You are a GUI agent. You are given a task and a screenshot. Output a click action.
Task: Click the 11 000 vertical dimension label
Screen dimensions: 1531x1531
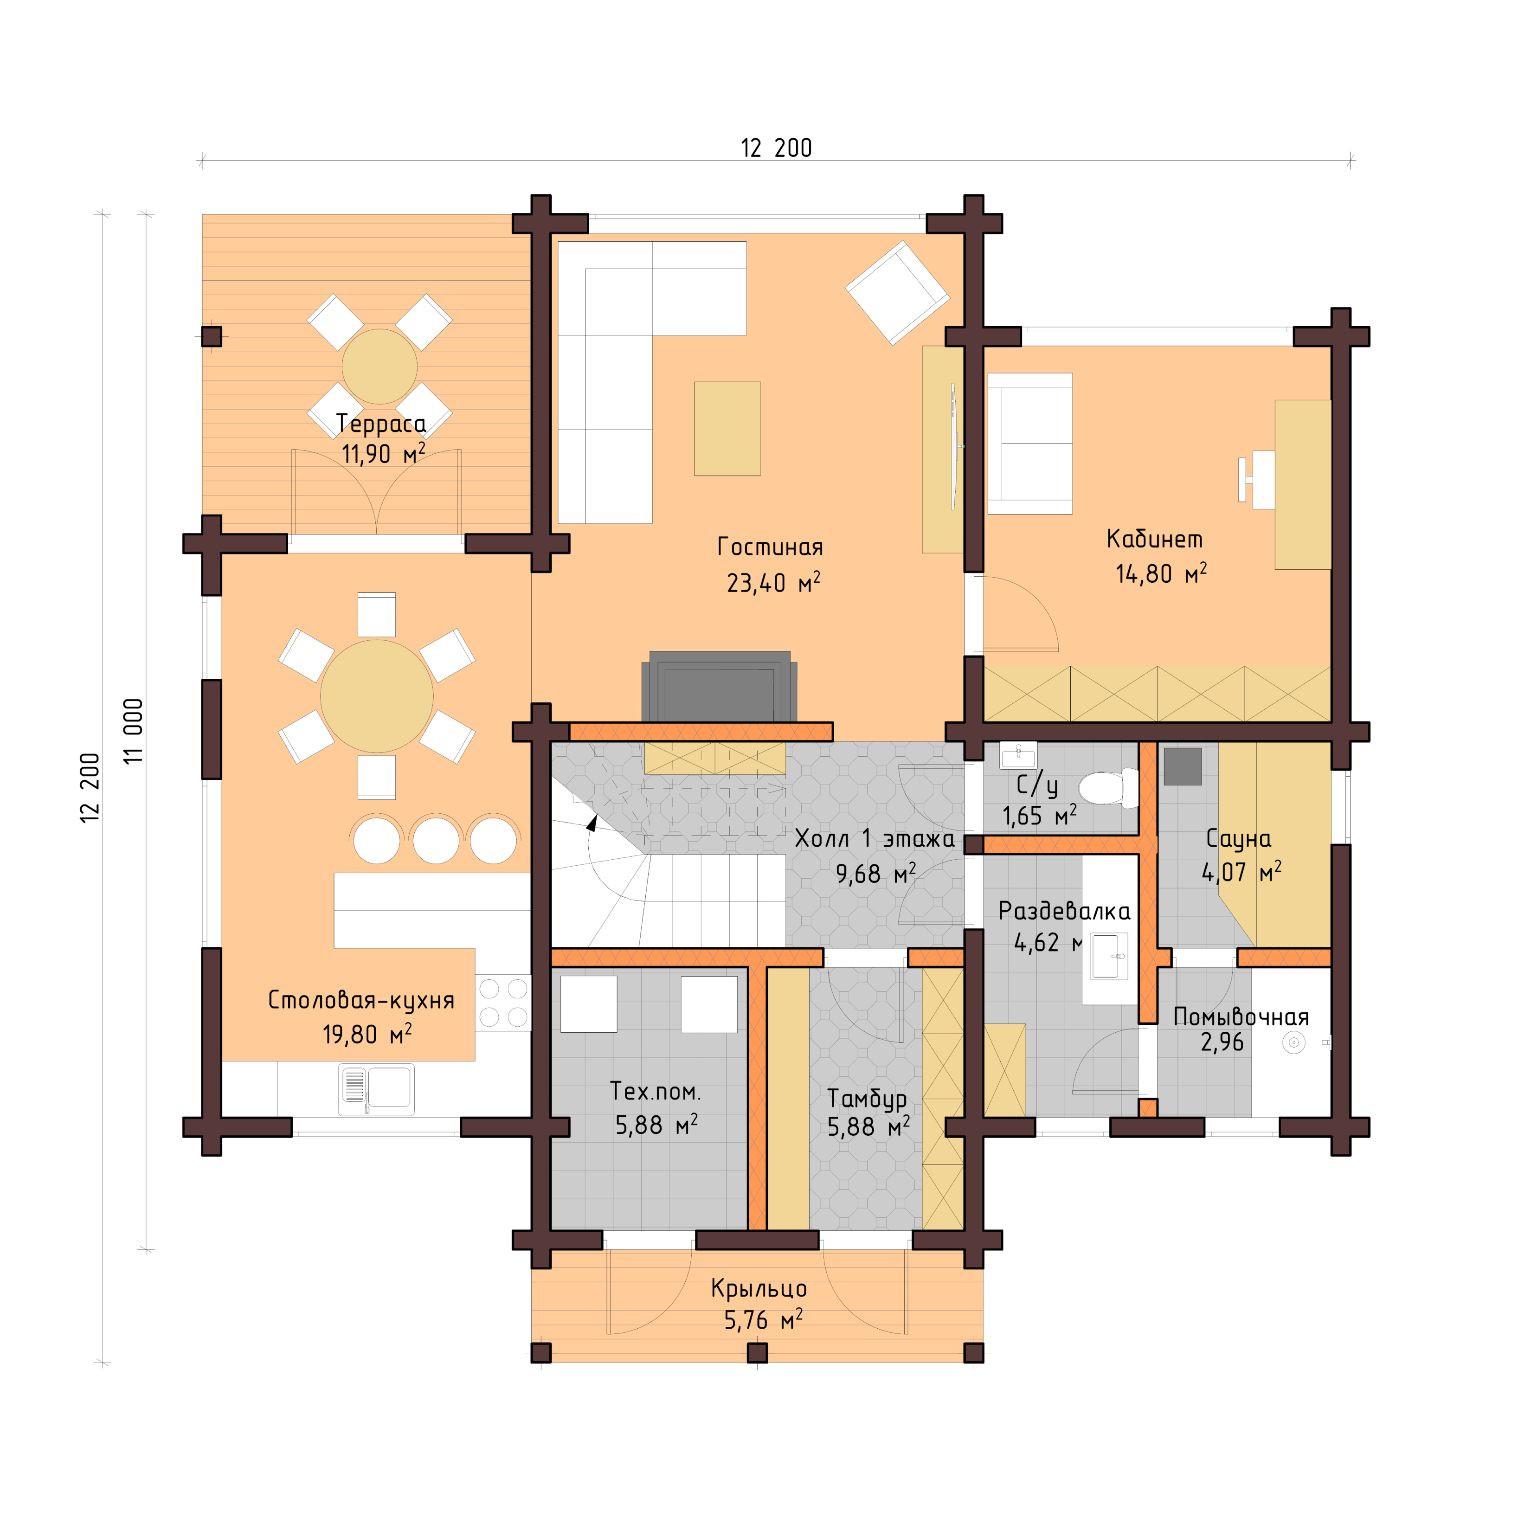pos(133,731)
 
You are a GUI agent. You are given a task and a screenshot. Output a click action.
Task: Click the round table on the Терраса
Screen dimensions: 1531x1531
pos(380,366)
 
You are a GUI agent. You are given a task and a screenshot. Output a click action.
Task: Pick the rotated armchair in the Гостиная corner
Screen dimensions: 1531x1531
pos(897,292)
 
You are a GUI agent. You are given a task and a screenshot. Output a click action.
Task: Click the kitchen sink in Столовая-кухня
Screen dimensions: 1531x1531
pos(376,1089)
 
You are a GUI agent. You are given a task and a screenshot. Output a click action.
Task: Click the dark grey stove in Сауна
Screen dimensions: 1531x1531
pos(1182,766)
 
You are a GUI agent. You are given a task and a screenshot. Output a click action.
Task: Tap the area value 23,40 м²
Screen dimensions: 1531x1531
pos(772,583)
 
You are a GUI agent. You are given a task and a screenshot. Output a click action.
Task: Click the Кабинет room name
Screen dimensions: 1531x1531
pos(1154,540)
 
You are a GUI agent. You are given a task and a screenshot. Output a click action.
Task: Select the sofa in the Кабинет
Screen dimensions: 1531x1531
pos(1029,444)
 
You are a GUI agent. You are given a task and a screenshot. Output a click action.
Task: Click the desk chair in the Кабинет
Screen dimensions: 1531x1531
pos(1260,479)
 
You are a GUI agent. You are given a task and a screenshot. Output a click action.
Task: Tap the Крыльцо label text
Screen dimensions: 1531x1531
pos(759,1288)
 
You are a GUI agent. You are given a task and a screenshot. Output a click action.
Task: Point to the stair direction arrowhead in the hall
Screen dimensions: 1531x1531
pos(592,823)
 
